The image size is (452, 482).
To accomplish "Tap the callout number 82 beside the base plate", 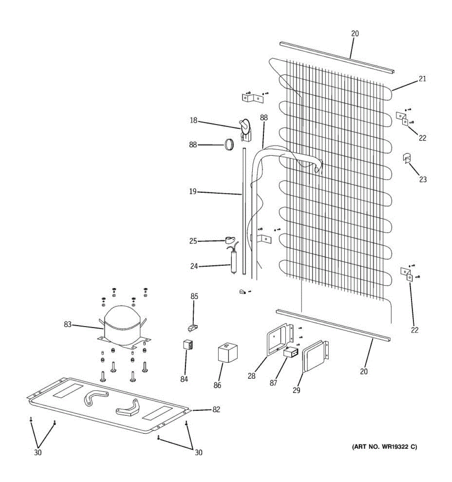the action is click(217, 409).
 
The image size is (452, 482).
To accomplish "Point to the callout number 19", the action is click(193, 192).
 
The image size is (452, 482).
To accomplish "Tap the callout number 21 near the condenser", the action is click(422, 79).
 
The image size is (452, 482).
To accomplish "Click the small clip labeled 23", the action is click(407, 158).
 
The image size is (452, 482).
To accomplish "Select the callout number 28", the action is click(252, 376).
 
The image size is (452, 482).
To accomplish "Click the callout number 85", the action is click(194, 296).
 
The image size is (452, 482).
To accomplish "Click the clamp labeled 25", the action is click(230, 241).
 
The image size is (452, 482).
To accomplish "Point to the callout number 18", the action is click(194, 120).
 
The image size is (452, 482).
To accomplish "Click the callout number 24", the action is click(194, 266).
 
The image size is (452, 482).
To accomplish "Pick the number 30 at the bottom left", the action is click(38, 453).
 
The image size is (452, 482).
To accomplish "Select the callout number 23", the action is click(423, 179).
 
